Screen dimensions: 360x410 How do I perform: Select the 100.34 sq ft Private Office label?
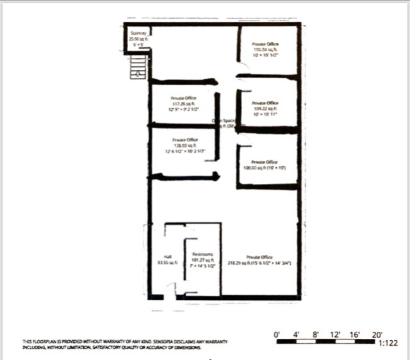pos(265,44)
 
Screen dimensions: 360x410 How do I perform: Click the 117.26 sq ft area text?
pos(183,104)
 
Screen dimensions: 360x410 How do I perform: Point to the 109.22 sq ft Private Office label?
pos(265,102)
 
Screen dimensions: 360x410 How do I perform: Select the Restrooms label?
pos(202,254)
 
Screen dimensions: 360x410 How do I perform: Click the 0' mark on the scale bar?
pos(277,334)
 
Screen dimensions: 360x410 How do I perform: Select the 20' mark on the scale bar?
pos(377,334)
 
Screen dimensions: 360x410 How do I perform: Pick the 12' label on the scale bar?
pos(336,334)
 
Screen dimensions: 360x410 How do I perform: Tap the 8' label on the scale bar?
pos(316,334)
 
